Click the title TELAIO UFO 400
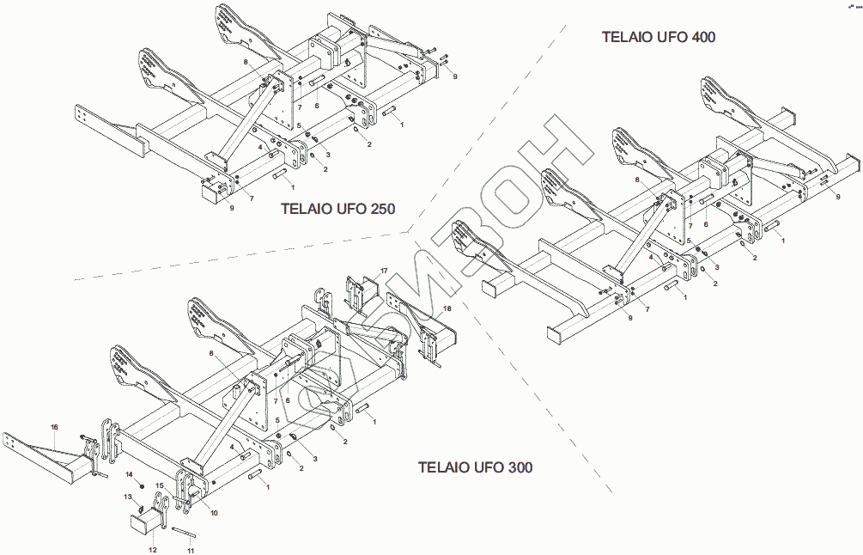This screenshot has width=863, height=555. pyautogui.click(x=658, y=37)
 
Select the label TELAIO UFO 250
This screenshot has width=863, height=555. pyautogui.click(x=337, y=209)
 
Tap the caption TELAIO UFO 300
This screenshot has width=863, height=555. pyautogui.click(x=475, y=467)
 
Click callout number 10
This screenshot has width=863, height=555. pyautogui.click(x=214, y=513)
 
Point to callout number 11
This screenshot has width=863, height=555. pyautogui.click(x=191, y=550)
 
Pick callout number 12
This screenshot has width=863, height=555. pyautogui.click(x=153, y=550)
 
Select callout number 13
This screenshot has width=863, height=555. pyautogui.click(x=127, y=497)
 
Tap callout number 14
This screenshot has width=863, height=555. pyautogui.click(x=129, y=474)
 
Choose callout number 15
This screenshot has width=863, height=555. pyautogui.click(x=160, y=485)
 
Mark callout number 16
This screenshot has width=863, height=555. pyautogui.click(x=54, y=427)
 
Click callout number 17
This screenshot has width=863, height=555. pyautogui.click(x=384, y=271)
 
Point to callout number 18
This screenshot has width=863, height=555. pyautogui.click(x=447, y=307)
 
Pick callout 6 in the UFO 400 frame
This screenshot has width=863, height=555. pyautogui.click(x=706, y=224)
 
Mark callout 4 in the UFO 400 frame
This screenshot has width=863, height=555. pyautogui.click(x=650, y=257)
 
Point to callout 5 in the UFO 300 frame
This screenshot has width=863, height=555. pyautogui.click(x=277, y=419)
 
